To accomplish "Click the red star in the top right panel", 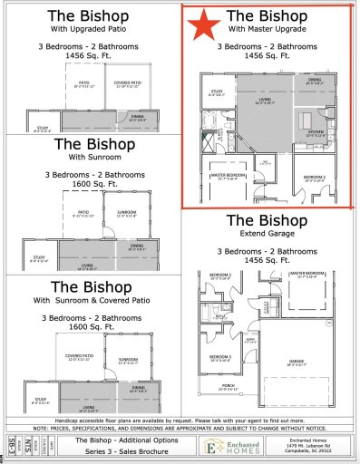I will (x=204, y=24).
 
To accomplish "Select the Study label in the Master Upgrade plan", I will (x=217, y=116).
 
